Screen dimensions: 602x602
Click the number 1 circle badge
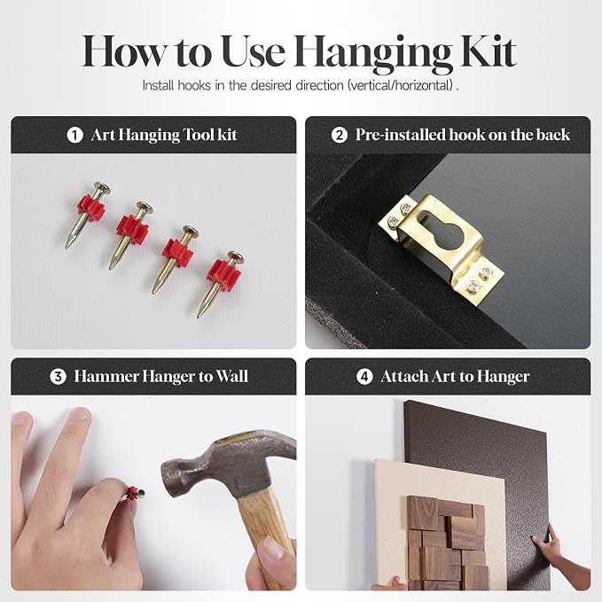pos(74,135)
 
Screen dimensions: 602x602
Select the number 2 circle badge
pos(340,135)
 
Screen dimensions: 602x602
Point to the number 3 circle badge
pos(58,377)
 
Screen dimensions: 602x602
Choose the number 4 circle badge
pos(364,377)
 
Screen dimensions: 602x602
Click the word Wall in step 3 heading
pos(232,376)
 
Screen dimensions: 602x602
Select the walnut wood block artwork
pos(445,542)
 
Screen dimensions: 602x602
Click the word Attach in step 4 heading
pos(404,376)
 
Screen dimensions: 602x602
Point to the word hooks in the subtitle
pos(194,85)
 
